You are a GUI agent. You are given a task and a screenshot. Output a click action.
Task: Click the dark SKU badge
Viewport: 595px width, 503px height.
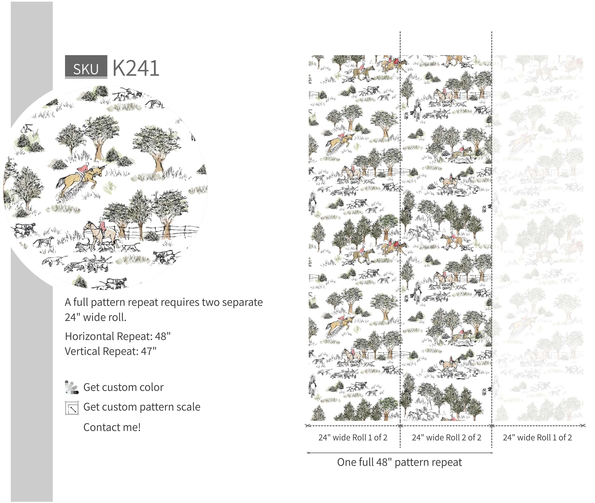86,66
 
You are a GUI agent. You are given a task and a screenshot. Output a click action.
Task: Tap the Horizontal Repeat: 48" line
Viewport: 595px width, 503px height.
118,336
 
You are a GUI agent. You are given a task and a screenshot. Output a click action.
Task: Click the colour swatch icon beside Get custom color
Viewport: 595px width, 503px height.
72,387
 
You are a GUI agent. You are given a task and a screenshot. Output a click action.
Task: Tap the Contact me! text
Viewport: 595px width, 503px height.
112,427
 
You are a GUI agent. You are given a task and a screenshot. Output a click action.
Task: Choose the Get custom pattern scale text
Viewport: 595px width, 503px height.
142,407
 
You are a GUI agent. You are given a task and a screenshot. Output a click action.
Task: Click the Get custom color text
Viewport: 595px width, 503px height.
123,387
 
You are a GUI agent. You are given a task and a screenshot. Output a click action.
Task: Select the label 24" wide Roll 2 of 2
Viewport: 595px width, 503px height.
446,437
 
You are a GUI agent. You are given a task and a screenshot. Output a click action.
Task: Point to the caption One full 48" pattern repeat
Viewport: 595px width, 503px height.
399,462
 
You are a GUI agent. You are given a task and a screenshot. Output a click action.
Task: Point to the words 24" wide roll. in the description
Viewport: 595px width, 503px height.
96,317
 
